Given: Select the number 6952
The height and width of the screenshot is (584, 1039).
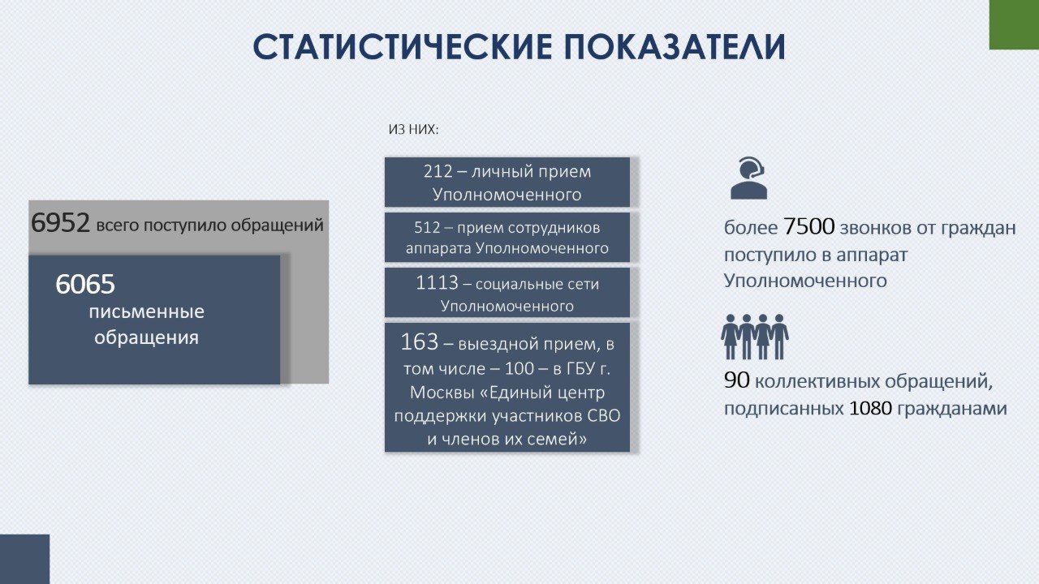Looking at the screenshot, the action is click(x=60, y=223).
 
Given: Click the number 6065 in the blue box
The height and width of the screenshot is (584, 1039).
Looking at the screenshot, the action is click(x=85, y=284).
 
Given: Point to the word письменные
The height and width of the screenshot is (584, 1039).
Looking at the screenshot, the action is click(x=147, y=311).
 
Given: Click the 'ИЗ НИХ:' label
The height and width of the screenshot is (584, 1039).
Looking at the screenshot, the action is click(x=413, y=129).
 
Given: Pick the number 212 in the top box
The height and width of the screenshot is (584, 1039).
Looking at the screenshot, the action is click(x=438, y=171).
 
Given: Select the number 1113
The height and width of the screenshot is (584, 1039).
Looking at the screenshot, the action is click(x=437, y=283).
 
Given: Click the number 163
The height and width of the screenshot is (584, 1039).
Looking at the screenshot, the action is click(x=420, y=342).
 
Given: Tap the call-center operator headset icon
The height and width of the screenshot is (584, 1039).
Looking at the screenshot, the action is click(x=748, y=178).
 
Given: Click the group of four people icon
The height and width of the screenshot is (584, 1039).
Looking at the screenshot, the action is click(x=755, y=337).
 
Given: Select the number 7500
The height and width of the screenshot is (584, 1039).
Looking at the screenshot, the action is click(x=809, y=226).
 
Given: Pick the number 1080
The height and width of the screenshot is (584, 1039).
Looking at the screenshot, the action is click(x=870, y=408).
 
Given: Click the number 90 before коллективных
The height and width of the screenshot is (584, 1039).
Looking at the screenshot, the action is click(x=736, y=380).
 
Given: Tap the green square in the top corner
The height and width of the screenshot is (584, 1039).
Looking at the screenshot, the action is click(x=1014, y=24).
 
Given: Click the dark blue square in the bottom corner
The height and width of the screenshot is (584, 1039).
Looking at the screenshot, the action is click(x=24, y=559).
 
